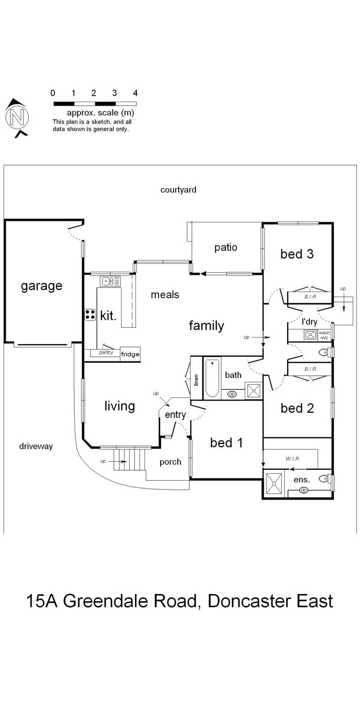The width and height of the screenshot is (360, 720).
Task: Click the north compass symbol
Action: (x=17, y=117)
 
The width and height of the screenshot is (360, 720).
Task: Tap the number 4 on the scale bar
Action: (x=135, y=93)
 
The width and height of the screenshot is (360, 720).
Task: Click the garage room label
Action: (x=41, y=286)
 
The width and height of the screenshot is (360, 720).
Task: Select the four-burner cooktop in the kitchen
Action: (x=90, y=315)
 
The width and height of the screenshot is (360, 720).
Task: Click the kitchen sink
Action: (x=110, y=281)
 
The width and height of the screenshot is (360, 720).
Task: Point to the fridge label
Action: (x=130, y=354)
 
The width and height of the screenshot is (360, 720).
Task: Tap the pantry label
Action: (x=106, y=353)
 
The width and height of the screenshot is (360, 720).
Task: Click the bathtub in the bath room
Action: (x=212, y=378)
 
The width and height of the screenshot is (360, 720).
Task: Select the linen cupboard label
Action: (x=196, y=380)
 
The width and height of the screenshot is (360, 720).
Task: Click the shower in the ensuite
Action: (x=274, y=483)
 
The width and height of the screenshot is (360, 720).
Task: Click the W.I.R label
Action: (x=292, y=459)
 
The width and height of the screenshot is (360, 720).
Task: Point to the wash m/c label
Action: (x=324, y=335)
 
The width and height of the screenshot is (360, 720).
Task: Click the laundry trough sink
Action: (x=310, y=335)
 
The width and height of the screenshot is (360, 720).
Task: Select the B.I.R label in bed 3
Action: (x=310, y=297)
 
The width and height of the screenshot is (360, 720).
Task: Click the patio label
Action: (x=225, y=247)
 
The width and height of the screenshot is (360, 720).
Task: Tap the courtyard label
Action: (x=178, y=190)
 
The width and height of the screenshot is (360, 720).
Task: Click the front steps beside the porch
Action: (x=130, y=459)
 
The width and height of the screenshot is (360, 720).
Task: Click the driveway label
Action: (x=36, y=446)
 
